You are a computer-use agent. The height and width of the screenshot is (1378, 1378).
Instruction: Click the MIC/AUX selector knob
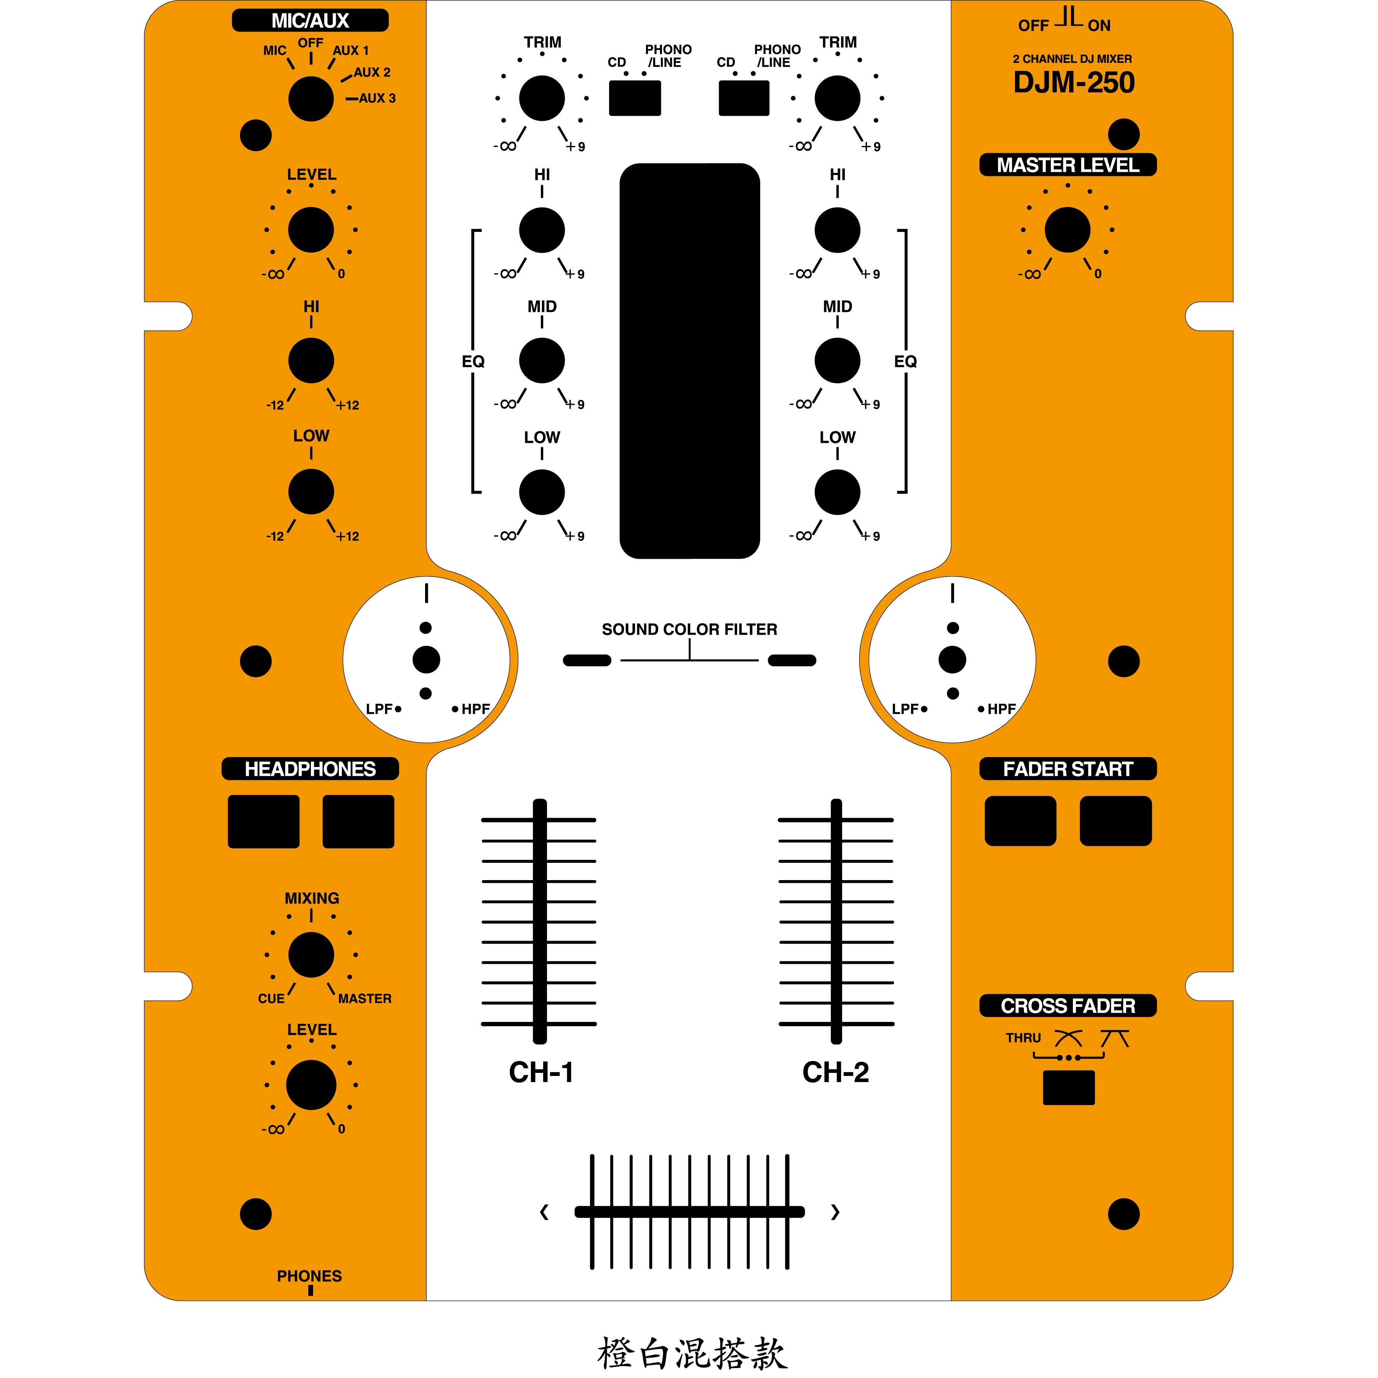[311, 99]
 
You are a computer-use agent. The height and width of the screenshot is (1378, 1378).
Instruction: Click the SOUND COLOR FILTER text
[689, 629]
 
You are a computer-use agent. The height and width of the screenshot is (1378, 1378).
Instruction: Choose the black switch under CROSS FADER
[1068, 1088]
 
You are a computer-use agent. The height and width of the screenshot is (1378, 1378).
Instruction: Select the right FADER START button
[1115, 821]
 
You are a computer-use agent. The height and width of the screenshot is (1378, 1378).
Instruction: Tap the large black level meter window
[689, 361]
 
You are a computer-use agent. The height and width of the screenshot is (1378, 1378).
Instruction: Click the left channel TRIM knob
[542, 99]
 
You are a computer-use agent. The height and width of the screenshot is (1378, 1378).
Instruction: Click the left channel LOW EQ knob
[542, 492]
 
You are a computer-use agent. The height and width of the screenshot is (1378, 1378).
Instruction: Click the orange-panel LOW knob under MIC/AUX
[311, 491]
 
